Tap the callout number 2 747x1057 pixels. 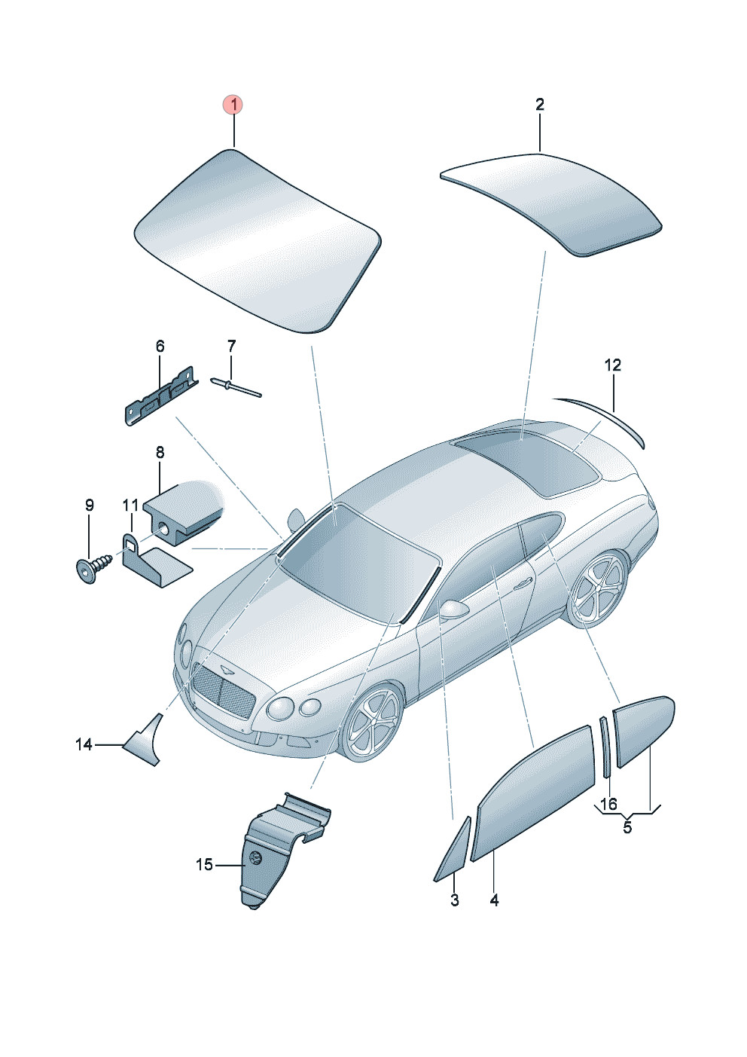pos(540,104)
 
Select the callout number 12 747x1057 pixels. pos(613,365)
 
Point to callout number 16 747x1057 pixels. pos(609,803)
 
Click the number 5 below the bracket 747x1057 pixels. pos(627,826)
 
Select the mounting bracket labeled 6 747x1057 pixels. pos(160,396)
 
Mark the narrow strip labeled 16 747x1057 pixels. pos(605,747)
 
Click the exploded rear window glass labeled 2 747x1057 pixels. pos(550,204)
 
